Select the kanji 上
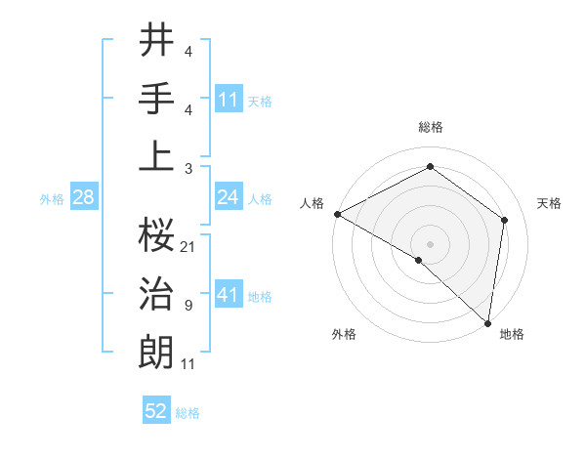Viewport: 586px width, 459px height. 156,155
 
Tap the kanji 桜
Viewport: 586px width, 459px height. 156,233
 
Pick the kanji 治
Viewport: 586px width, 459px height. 156,293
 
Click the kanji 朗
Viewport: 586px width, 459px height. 156,352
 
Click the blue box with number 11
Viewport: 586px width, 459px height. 229,100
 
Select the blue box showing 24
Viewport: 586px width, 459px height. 229,198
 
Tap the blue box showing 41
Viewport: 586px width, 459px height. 229,295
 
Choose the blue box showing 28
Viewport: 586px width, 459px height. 83,198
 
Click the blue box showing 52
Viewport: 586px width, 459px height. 156,411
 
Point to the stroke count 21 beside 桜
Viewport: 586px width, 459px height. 188,246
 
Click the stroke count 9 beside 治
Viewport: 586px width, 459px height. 188,306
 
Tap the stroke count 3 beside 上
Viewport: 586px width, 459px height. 188,168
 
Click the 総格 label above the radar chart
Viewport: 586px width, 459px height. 431,127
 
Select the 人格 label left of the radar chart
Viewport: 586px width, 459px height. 312,203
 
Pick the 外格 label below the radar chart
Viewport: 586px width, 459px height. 344,334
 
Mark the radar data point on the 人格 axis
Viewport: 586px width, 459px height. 337,213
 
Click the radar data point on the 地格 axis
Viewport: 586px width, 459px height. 487,322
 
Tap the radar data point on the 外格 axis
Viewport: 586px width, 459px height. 419,260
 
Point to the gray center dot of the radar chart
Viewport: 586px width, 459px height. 430,243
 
